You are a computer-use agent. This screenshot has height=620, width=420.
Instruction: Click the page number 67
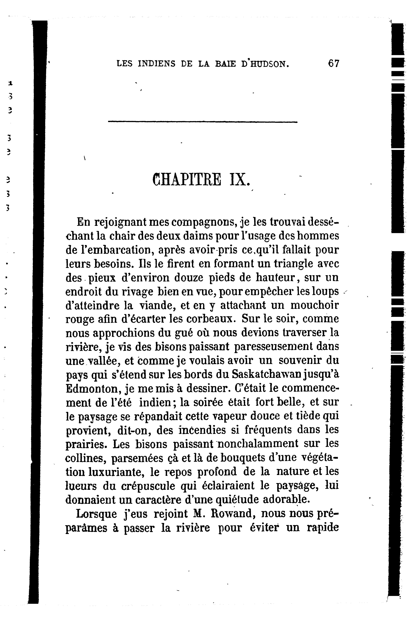click(x=334, y=64)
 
